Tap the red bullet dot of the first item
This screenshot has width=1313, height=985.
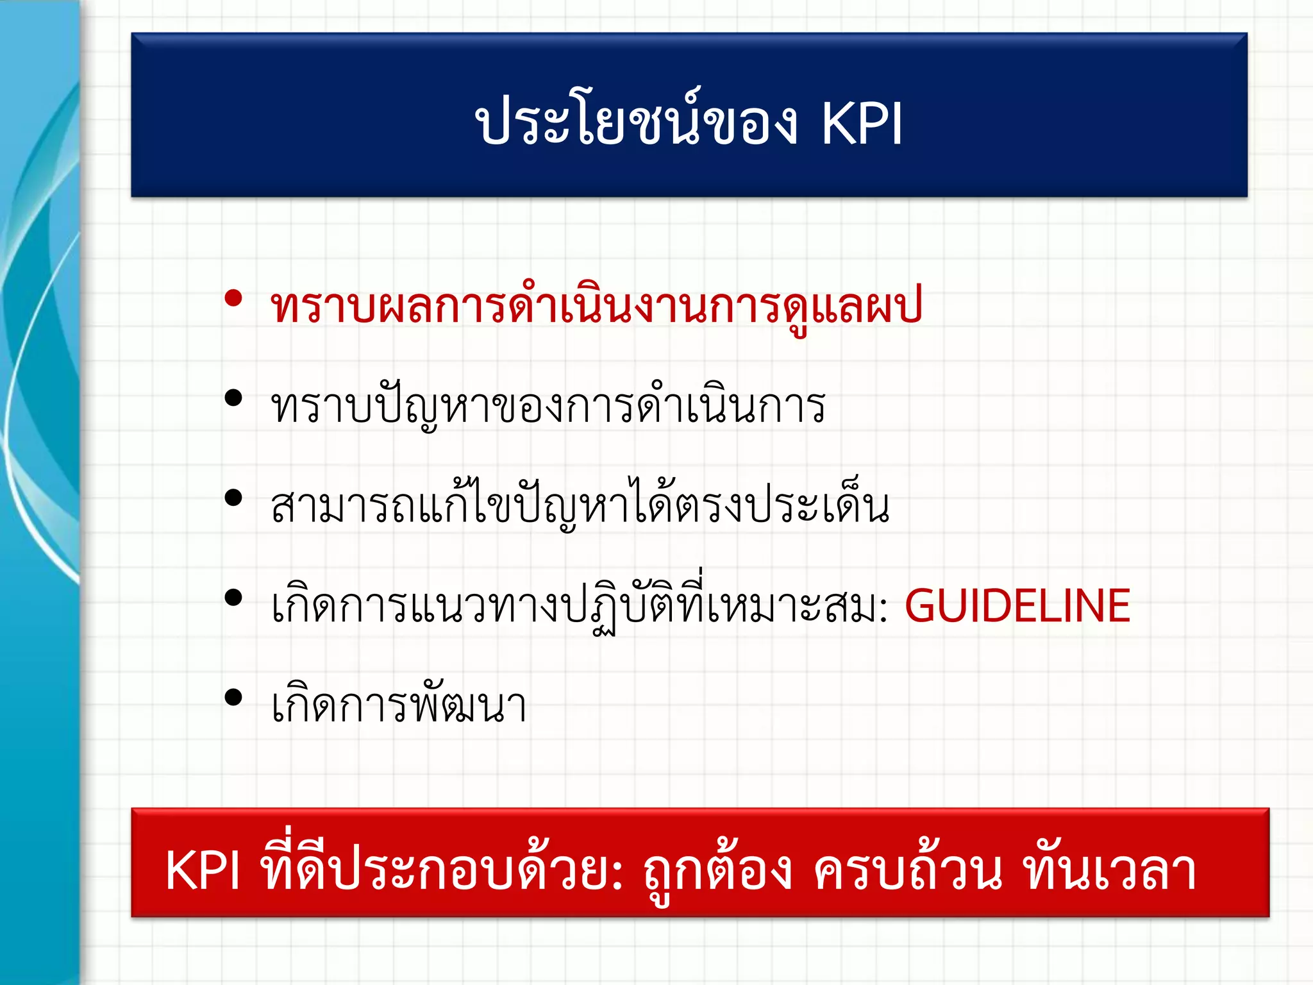pos(233,298)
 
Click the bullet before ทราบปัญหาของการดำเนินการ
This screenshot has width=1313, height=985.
pos(233,398)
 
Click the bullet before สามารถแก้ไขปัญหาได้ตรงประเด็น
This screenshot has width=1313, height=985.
pos(233,498)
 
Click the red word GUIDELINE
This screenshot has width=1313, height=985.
pos(1017,605)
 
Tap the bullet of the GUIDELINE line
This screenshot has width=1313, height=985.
pos(233,598)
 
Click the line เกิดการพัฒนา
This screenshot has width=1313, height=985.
pos(399,705)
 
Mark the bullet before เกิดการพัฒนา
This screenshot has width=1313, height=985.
pos(233,698)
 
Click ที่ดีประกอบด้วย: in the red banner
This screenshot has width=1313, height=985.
pos(442,871)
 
